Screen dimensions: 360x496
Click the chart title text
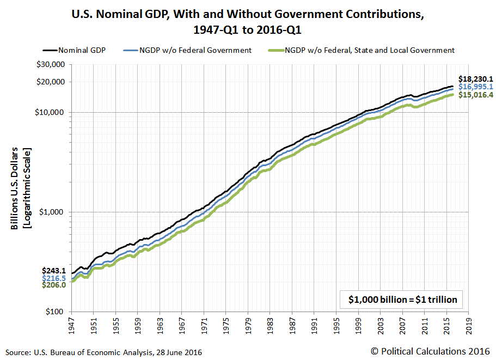click(248, 21)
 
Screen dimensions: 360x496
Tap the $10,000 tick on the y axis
click(53, 112)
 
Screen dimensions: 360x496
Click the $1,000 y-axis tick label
click(55, 212)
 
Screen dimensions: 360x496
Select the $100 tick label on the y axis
click(58, 312)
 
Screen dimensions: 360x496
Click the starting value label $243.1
click(54, 271)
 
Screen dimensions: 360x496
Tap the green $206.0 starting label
click(54, 285)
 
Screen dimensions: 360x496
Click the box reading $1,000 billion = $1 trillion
click(402, 299)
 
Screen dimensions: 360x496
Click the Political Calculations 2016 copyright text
click(431, 352)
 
